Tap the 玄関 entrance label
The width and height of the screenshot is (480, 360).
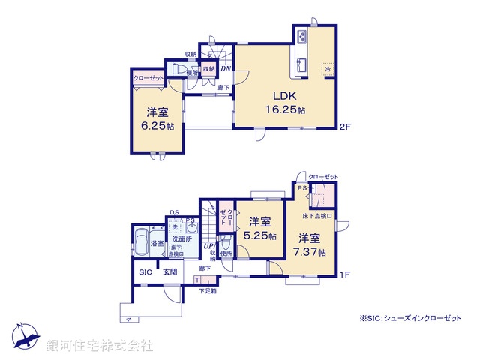click(x=169, y=271)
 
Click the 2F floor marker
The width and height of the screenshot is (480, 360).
click(x=343, y=126)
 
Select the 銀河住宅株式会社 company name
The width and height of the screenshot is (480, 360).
click(x=100, y=345)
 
